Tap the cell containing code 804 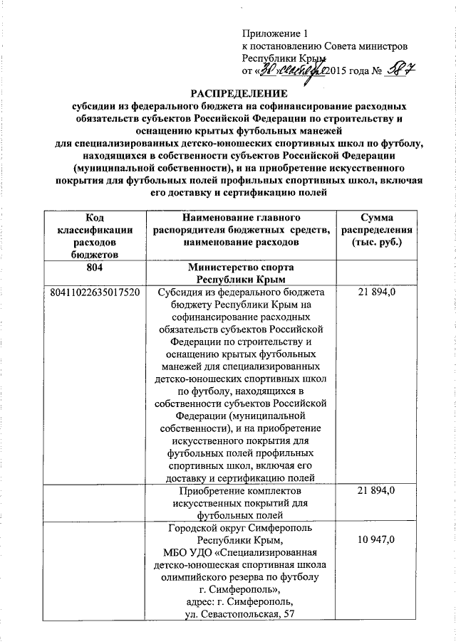(x=93, y=268)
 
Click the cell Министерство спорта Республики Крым (x=240, y=274)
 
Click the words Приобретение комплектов (x=240, y=491)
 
